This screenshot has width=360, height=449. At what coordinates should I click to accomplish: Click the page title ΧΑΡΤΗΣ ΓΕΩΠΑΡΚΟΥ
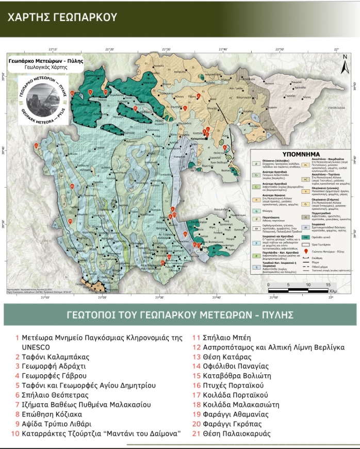coord(62,17)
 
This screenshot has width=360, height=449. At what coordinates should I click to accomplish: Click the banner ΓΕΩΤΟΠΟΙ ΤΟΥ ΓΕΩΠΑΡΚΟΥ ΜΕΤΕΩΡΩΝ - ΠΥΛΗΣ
coord(180,314)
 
